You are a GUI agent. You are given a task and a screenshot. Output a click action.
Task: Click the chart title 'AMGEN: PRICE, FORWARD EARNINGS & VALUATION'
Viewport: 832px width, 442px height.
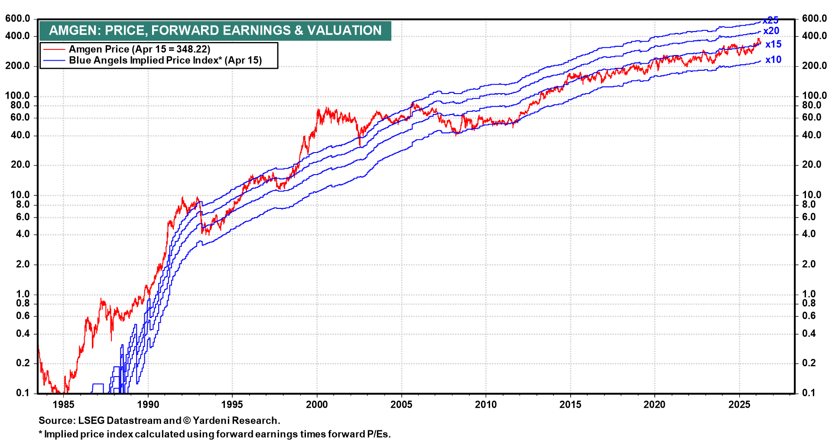tap(215, 30)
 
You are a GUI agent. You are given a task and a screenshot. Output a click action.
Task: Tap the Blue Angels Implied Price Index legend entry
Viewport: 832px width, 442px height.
tap(165, 60)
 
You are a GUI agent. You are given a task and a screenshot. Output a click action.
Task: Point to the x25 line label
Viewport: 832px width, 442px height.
tap(771, 20)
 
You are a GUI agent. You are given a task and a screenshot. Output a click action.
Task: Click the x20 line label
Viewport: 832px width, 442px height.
tap(771, 31)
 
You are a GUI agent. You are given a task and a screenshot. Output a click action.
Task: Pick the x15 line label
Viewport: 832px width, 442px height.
tap(773, 44)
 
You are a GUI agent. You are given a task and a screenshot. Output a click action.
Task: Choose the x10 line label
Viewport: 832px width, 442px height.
tap(773, 60)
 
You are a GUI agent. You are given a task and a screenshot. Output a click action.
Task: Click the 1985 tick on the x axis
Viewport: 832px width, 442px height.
tap(63, 405)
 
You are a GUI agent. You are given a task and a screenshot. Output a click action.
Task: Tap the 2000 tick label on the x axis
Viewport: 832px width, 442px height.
tap(317, 405)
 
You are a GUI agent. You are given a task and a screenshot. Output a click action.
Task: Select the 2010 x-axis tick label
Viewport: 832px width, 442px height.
tap(486, 405)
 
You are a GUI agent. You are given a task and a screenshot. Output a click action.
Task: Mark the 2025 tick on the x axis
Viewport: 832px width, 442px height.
tap(739, 405)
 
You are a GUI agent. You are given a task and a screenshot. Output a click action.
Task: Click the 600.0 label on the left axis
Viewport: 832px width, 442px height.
tap(18, 19)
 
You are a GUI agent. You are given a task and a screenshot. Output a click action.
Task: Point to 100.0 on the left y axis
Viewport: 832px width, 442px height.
tap(18, 96)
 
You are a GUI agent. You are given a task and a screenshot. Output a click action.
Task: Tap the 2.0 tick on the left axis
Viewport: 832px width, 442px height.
tap(23, 264)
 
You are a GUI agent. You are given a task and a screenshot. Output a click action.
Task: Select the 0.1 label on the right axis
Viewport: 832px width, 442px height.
tap(809, 393)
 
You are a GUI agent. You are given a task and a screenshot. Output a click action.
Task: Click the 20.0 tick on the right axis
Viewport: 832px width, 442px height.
tap(811, 165)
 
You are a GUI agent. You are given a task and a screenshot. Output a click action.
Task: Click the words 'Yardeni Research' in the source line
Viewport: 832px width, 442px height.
tap(235, 420)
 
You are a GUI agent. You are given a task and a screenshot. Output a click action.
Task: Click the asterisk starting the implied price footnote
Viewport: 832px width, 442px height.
tap(41, 433)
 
